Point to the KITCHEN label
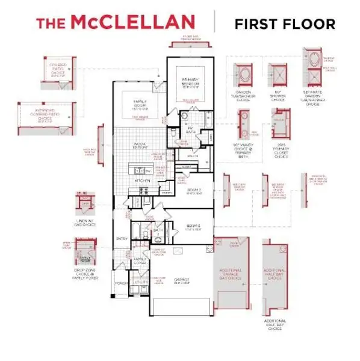coord(142,180)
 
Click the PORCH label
coord(122,283)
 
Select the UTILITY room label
coord(141,281)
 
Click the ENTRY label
coord(122,238)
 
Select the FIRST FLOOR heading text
coord(285,24)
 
